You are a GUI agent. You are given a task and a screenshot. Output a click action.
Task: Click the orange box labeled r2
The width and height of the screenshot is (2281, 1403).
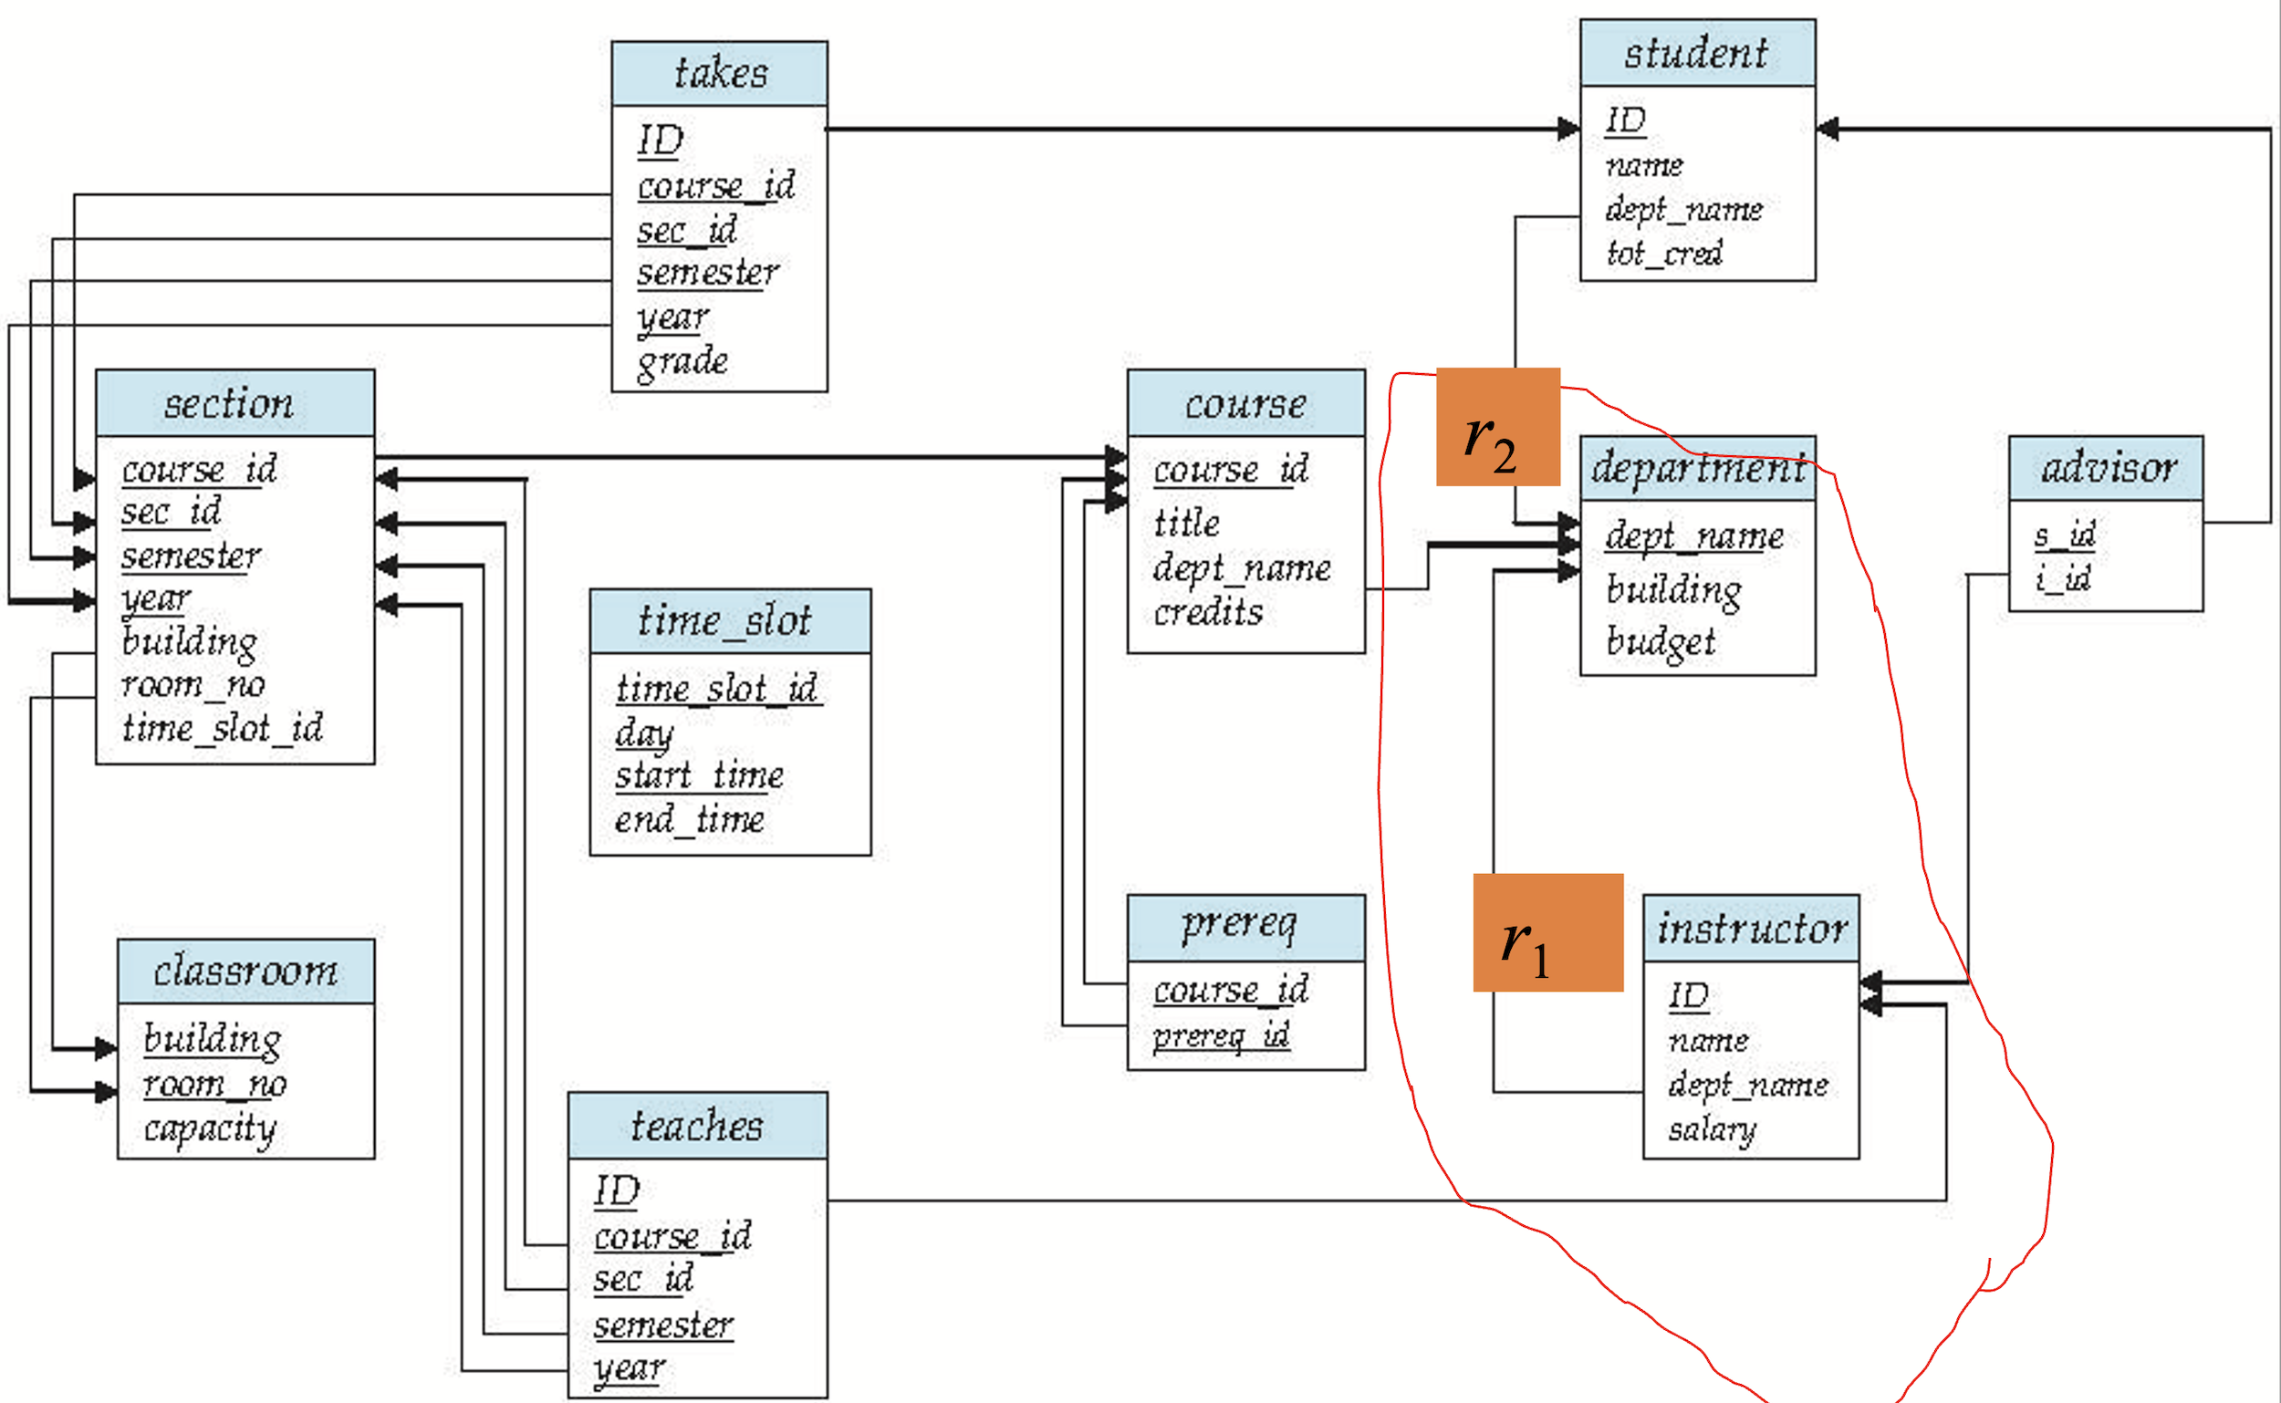(1497, 427)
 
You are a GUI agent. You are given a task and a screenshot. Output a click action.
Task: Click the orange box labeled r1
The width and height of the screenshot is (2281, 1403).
(1547, 932)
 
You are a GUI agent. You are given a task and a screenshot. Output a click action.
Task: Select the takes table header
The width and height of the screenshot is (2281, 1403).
(719, 73)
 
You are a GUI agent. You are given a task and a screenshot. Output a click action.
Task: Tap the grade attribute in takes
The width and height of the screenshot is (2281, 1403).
(682, 362)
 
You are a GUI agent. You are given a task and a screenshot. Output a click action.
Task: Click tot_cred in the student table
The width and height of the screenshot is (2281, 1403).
(1664, 253)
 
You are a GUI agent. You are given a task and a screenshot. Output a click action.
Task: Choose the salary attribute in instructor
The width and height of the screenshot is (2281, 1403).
(1712, 1129)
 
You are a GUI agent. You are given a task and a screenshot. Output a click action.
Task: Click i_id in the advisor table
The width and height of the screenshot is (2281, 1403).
(2063, 579)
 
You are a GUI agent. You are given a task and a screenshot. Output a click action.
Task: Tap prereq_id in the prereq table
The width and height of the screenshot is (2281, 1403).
(1220, 1034)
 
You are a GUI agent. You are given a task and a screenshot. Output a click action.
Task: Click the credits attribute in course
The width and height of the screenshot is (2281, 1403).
(1207, 612)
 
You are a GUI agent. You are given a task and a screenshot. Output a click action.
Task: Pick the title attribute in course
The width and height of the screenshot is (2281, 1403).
(1186, 524)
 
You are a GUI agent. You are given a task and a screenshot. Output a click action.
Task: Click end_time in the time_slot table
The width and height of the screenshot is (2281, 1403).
(690, 819)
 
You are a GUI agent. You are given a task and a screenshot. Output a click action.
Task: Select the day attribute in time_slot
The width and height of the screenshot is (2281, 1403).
(643, 733)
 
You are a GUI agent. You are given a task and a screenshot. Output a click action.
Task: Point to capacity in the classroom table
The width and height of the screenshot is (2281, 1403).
(210, 1129)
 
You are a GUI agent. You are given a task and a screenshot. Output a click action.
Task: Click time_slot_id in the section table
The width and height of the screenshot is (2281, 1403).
(222, 728)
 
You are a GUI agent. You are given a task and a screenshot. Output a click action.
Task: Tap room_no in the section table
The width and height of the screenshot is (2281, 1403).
(193, 685)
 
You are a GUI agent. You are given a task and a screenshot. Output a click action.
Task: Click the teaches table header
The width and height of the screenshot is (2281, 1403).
(697, 1126)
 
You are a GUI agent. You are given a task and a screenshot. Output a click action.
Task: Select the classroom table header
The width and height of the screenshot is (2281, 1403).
(245, 972)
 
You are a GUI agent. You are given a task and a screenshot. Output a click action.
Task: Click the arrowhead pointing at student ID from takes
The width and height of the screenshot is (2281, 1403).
(1569, 128)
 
